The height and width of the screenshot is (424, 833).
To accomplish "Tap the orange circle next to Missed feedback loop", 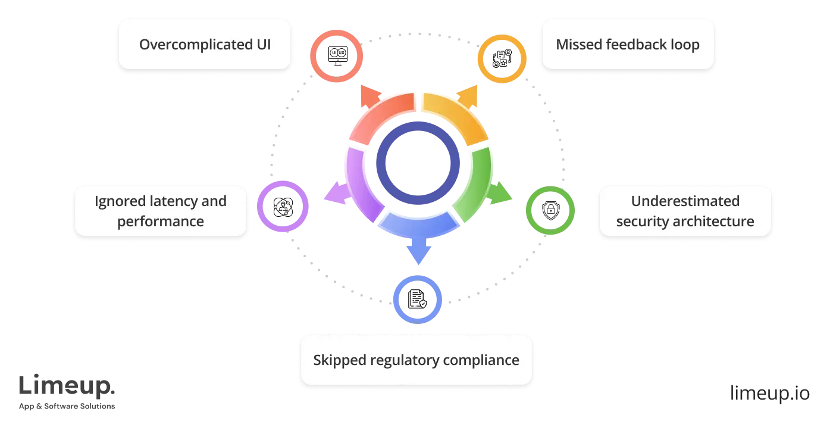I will (502, 58).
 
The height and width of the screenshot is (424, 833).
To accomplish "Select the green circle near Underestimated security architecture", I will (550, 210).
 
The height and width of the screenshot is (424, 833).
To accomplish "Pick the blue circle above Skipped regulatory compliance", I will (418, 298).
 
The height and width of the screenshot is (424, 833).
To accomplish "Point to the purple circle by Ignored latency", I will (284, 205).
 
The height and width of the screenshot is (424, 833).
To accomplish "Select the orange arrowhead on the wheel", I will (468, 95).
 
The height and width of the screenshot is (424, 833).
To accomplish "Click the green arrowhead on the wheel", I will (501, 194).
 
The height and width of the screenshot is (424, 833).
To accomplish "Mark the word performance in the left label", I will (161, 222).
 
